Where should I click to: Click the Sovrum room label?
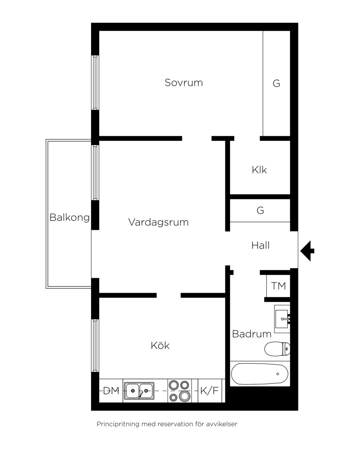[x=184, y=83]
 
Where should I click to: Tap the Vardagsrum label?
[x=158, y=222]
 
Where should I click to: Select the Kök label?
[x=160, y=345]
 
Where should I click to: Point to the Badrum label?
[x=252, y=334]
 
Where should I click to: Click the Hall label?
[x=260, y=245]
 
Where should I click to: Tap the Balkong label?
[x=70, y=217]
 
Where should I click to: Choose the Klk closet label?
[x=259, y=170]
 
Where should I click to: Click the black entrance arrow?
[x=307, y=251]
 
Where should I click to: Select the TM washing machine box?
[x=278, y=286]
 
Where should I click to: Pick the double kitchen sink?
[x=139, y=391]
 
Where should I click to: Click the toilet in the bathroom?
[x=277, y=349]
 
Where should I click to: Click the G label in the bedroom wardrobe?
[x=276, y=83]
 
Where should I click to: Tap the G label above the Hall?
[x=260, y=210]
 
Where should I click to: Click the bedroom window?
[x=95, y=83]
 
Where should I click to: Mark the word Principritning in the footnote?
[x=118, y=424]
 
